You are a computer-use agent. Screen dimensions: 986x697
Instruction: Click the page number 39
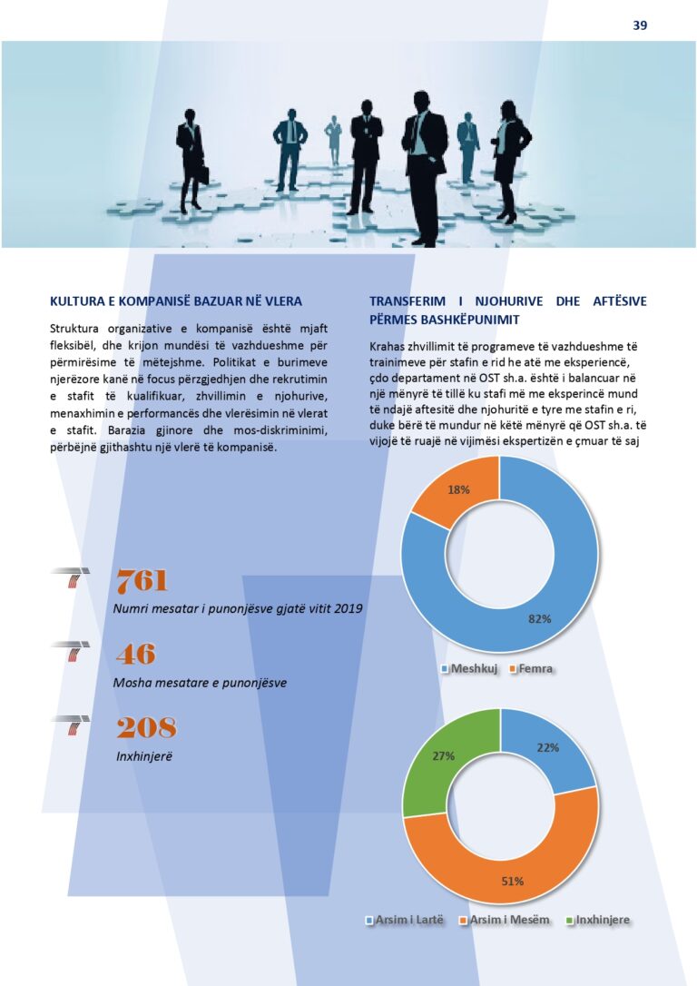click(x=640, y=25)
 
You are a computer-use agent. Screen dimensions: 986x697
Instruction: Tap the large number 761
click(x=142, y=581)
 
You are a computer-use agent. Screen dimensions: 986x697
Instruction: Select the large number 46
click(x=135, y=654)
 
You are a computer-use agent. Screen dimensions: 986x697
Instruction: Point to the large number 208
click(x=145, y=727)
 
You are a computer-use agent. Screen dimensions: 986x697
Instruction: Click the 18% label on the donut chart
click(x=459, y=489)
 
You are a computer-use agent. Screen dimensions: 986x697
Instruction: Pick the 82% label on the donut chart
click(x=539, y=619)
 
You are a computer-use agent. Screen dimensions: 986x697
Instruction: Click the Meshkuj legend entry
click(x=469, y=669)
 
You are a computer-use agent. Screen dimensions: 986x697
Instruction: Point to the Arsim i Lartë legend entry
click(x=405, y=920)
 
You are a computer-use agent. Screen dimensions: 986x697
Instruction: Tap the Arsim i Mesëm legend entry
click(x=506, y=920)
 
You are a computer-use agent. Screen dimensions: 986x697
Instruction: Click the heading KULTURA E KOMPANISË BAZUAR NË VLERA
click(x=176, y=301)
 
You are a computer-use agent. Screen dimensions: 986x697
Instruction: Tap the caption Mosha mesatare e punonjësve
click(x=200, y=683)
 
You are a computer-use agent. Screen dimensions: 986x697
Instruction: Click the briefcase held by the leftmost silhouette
click(x=204, y=175)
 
